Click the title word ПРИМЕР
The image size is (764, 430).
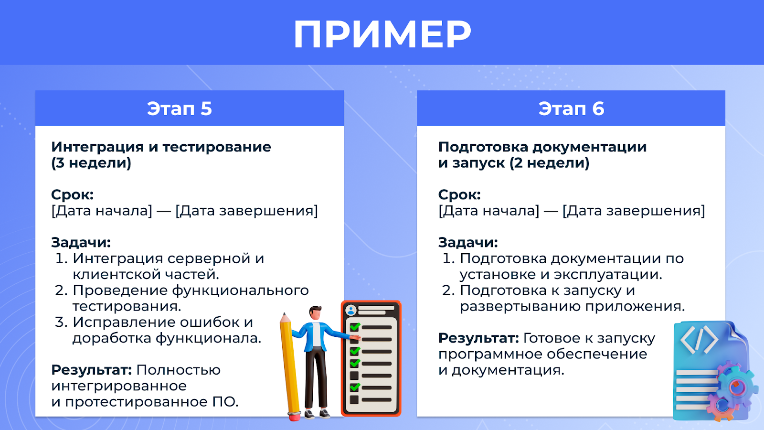(382, 34)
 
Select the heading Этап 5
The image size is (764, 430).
(180, 108)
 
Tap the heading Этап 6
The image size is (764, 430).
(571, 108)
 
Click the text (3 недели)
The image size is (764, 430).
(91, 163)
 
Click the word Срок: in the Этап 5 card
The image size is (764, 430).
(72, 194)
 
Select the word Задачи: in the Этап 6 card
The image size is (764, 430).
(468, 242)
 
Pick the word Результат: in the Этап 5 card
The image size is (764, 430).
(92, 370)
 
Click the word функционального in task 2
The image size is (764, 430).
(240, 291)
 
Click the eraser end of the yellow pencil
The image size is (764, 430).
(294, 416)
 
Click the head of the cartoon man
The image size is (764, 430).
(315, 313)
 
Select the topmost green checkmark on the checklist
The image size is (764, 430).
(355, 327)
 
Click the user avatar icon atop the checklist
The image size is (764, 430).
(350, 310)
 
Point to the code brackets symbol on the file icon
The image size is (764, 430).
(699, 340)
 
